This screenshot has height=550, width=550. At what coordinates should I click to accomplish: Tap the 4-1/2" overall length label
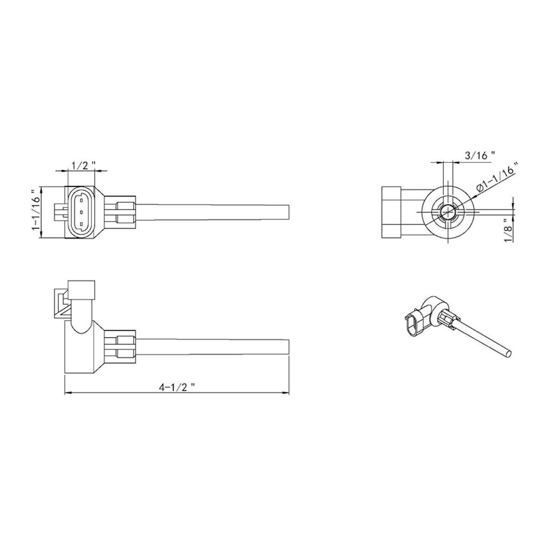[x=177, y=387]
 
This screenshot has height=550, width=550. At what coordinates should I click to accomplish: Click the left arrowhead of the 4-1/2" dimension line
[x=67, y=392]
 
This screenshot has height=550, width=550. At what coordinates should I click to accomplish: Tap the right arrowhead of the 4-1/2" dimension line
[x=286, y=392]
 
